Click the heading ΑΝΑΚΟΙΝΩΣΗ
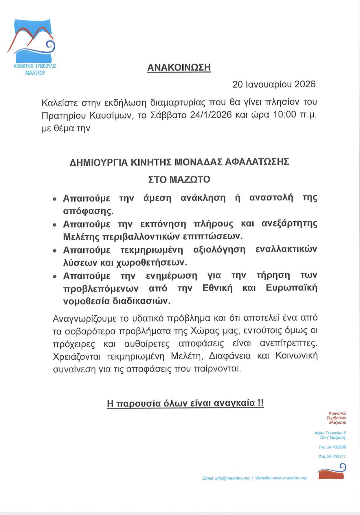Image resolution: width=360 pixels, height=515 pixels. click(179, 67)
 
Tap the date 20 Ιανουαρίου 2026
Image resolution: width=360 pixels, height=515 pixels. click(274, 84)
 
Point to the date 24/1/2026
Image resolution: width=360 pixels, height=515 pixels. click(211, 115)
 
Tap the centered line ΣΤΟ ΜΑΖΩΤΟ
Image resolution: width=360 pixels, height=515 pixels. click(179, 179)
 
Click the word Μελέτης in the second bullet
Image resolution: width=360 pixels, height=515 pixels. click(80, 236)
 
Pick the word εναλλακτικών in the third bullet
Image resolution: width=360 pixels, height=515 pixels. click(286, 249)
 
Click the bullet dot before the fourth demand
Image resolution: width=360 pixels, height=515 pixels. click(54, 277)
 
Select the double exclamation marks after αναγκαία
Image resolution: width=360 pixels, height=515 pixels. click(260, 403)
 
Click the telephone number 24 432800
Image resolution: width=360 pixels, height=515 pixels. click(336, 447)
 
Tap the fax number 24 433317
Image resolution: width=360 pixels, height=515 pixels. click(336, 456)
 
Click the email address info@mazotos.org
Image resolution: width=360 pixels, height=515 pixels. click(232, 478)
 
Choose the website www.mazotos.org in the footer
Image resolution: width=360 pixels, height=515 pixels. click(290, 478)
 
